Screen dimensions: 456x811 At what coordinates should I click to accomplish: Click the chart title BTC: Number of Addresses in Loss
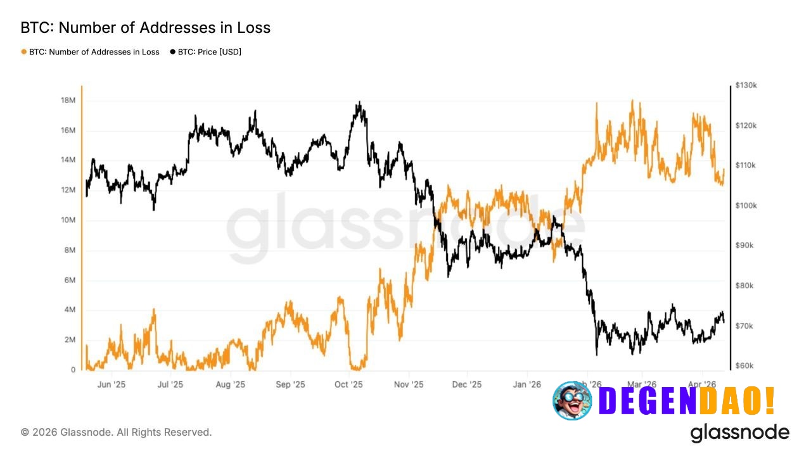pyautogui.click(x=145, y=28)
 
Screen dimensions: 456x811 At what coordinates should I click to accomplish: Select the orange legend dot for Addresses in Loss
pyautogui.click(x=24, y=52)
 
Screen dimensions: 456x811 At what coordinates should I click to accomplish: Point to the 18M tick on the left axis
pyautogui.click(x=68, y=101)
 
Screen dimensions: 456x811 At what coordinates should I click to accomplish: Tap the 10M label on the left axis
pyautogui.click(x=68, y=220)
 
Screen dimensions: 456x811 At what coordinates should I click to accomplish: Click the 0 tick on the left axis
pyautogui.click(x=72, y=370)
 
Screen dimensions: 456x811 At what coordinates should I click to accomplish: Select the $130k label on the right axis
pyautogui.click(x=746, y=85)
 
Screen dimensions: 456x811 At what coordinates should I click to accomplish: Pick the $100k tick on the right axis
pyautogui.click(x=746, y=206)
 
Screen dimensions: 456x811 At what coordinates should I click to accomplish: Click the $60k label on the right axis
pyautogui.click(x=744, y=366)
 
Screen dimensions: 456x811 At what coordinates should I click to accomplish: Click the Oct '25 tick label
pyautogui.click(x=348, y=384)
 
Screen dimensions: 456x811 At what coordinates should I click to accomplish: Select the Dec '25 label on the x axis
pyautogui.click(x=467, y=384)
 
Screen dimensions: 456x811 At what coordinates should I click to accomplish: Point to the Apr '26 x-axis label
pyautogui.click(x=701, y=384)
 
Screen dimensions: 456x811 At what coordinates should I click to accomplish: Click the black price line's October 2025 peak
pyautogui.click(x=359, y=102)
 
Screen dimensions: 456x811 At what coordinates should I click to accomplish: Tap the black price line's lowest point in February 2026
pyautogui.click(x=596, y=354)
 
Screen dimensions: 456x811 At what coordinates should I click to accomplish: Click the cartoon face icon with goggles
pyautogui.click(x=572, y=400)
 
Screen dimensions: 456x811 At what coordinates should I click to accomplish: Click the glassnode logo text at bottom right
pyautogui.click(x=739, y=433)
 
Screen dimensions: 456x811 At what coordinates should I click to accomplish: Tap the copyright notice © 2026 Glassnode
pyautogui.click(x=117, y=432)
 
